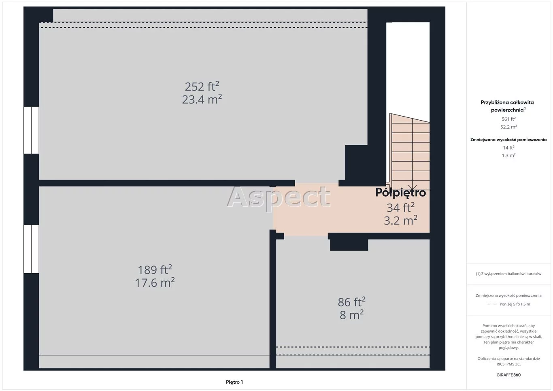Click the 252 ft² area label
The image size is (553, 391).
[x=202, y=86]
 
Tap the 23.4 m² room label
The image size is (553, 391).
[x=202, y=99]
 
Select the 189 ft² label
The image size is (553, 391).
[x=155, y=270]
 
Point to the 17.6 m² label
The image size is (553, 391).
[x=155, y=283]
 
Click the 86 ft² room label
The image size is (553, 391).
[x=351, y=302]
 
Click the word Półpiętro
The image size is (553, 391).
[x=400, y=193]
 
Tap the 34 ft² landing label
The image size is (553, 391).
[x=400, y=207]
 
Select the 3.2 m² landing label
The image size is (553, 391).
[x=400, y=220]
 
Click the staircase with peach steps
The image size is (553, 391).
[x=409, y=151]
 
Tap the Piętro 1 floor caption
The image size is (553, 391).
[x=234, y=382]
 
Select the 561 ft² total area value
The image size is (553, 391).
[x=508, y=119]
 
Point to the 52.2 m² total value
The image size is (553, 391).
[x=508, y=127]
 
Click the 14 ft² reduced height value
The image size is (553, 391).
[x=508, y=148]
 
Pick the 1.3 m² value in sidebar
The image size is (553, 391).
[x=508, y=155]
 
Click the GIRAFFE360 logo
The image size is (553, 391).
[x=508, y=375]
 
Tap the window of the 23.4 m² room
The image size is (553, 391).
[x=31, y=130]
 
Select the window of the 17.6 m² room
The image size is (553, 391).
[x=31, y=249]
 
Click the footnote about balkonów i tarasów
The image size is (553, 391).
[x=508, y=274]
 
